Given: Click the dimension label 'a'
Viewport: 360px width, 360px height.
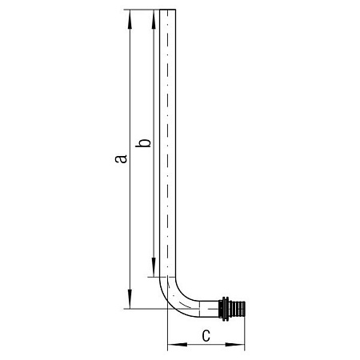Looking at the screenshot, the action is [121, 158].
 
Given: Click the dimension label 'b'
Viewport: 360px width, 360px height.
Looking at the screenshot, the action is [143, 143].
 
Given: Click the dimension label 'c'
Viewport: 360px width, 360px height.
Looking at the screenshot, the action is [206, 336].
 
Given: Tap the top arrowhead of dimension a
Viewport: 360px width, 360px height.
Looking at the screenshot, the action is [130, 19].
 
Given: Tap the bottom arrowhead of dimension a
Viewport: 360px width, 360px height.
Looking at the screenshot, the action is [130, 299].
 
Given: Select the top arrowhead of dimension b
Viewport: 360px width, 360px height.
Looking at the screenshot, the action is [154, 19].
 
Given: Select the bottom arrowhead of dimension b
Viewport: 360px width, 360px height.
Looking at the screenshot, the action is [154, 267].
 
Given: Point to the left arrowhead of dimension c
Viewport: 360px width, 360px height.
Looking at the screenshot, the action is [177, 345].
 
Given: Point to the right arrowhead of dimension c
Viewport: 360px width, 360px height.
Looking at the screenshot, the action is [235, 345].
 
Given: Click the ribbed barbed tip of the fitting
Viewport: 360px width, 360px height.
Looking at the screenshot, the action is [238, 309].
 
